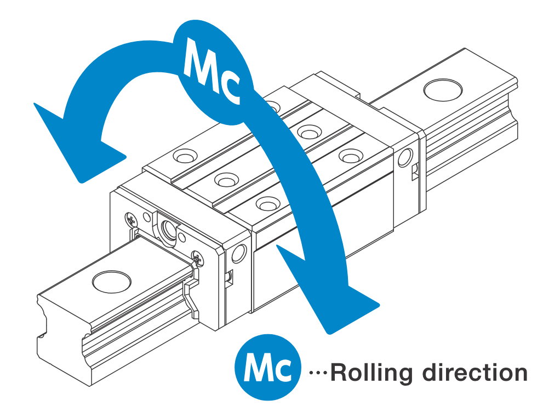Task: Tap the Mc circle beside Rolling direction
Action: (268, 367)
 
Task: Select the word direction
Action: (475, 372)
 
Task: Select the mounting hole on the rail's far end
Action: (443, 90)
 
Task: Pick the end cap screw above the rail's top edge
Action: (132, 220)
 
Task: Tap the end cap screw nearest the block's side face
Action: (197, 259)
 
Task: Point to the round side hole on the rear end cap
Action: (405, 158)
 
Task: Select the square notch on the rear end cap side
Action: (415, 172)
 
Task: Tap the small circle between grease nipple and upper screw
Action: (147, 218)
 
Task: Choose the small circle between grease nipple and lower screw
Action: (181, 238)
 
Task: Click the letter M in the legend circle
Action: (257, 367)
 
